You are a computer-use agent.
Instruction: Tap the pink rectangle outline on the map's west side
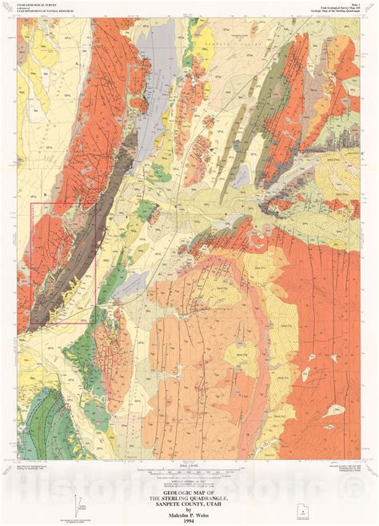tap(31, 264)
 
